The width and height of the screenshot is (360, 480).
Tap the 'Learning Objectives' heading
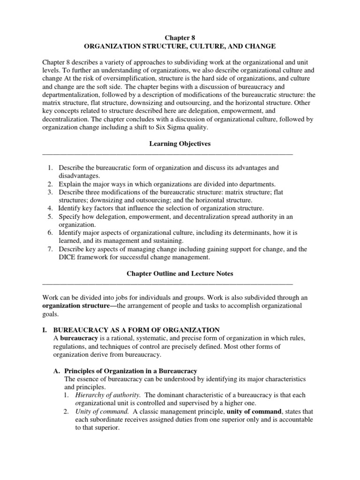(180, 144)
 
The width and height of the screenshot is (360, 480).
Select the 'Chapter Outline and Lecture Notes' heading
(180, 273)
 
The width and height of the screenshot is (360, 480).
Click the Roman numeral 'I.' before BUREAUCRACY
(45, 330)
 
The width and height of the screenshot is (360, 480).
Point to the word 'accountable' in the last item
(295, 420)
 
